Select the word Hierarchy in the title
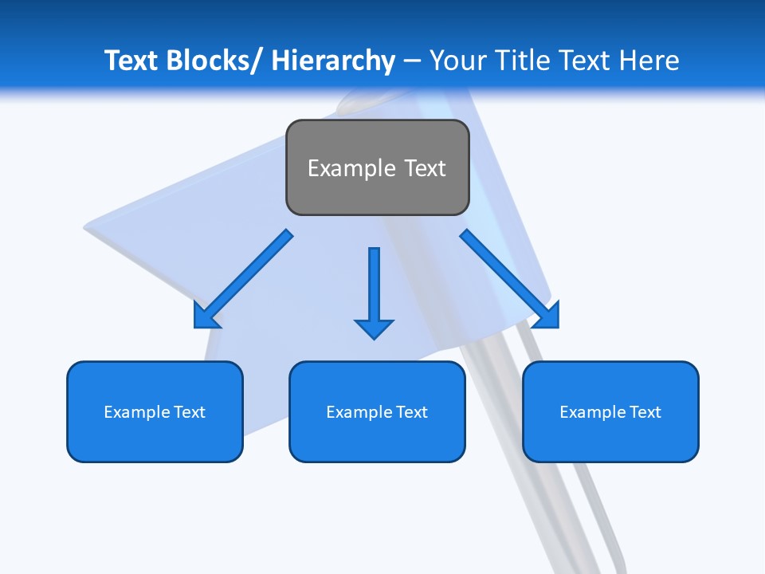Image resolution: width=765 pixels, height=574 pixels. coord(333,61)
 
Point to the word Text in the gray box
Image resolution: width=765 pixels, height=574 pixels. coord(424,168)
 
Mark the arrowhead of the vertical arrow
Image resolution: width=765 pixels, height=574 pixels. coord(374,328)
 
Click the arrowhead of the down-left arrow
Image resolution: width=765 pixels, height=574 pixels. coord(204,317)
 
